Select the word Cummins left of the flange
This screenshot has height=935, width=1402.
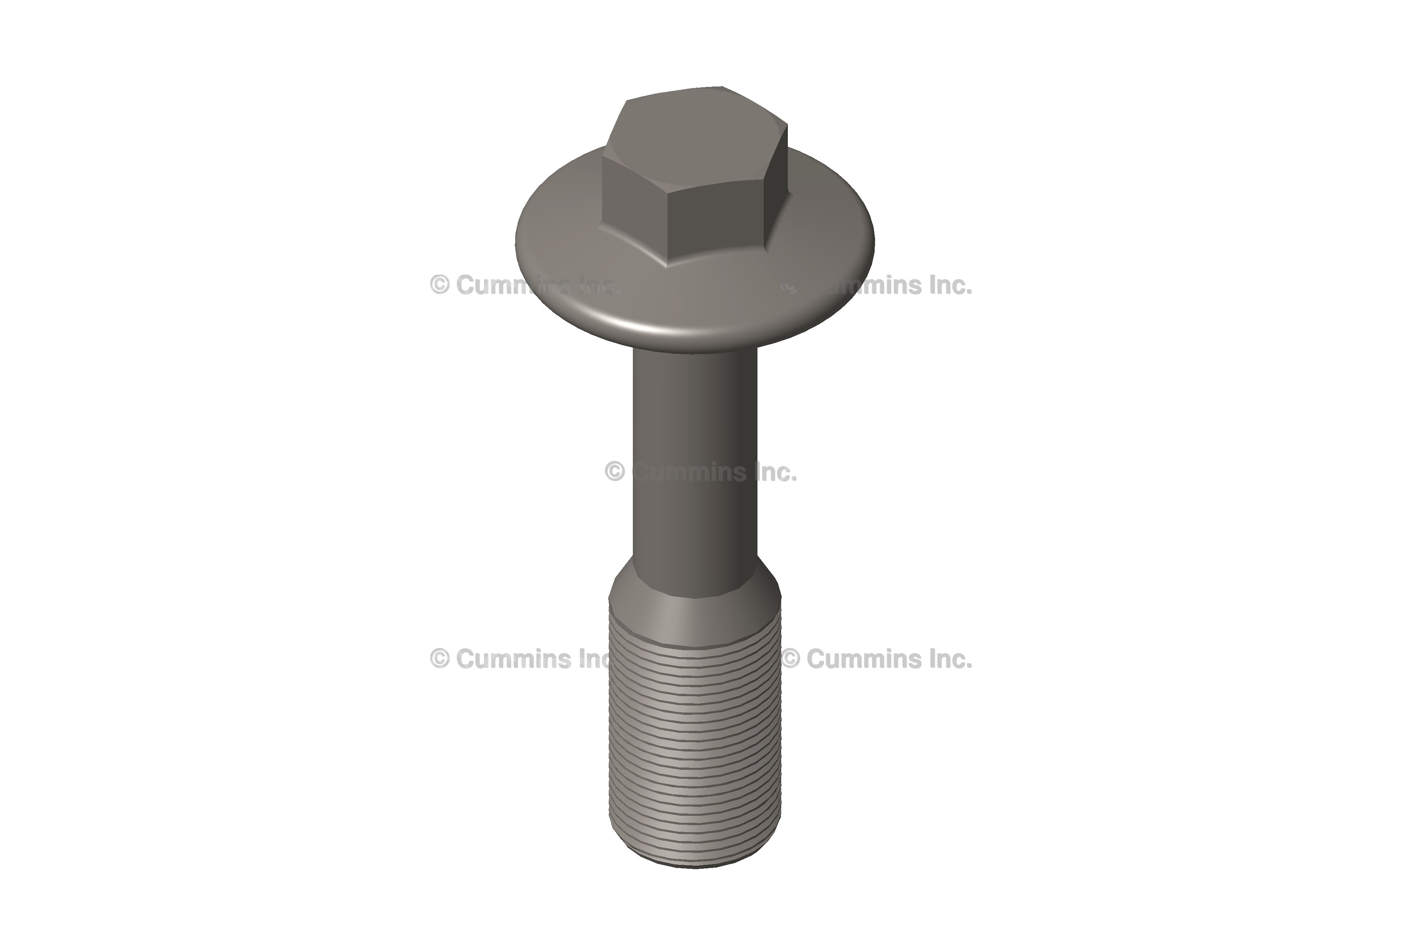507,285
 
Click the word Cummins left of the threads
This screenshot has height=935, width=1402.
513,659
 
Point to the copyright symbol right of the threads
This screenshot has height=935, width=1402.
791,659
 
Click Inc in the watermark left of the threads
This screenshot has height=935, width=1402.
593,659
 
